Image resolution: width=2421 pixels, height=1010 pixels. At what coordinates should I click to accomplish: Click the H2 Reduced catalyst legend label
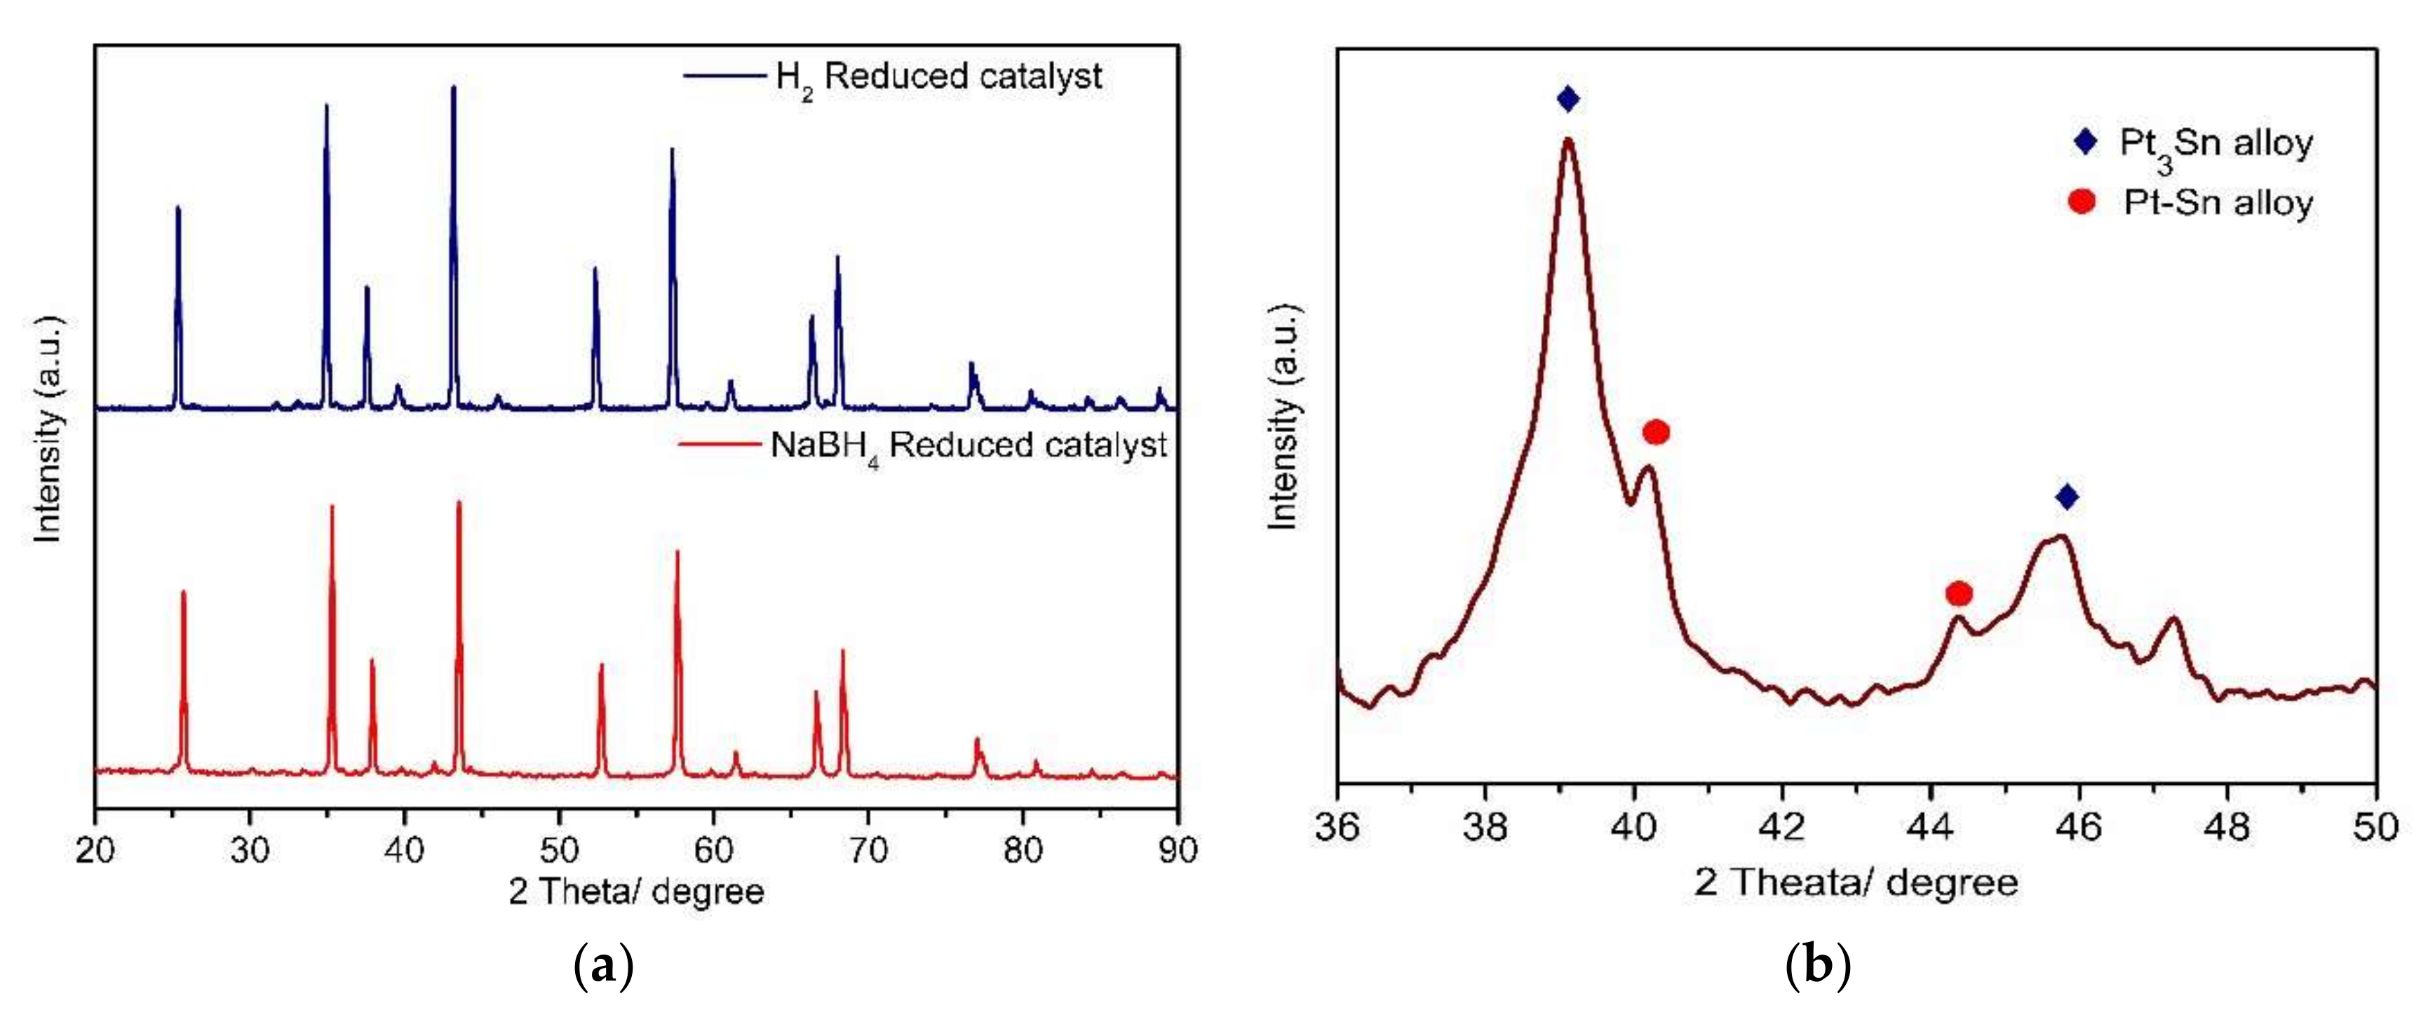(x=938, y=77)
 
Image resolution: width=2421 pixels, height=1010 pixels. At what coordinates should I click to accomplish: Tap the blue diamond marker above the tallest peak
(x=1567, y=99)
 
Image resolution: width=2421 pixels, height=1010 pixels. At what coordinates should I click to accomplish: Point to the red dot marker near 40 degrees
(x=1656, y=432)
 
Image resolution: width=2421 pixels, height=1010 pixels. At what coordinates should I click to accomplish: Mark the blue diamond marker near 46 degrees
(x=2065, y=497)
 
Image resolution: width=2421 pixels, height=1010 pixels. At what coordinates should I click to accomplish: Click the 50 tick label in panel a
(x=559, y=850)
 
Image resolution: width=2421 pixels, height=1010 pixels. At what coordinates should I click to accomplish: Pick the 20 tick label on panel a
(x=95, y=850)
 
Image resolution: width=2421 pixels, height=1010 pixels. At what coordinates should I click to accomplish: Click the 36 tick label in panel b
(x=1337, y=827)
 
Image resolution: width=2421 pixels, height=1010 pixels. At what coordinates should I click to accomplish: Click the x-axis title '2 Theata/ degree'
(x=1856, y=883)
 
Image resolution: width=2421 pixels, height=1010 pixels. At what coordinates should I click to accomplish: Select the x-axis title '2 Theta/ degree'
(x=636, y=891)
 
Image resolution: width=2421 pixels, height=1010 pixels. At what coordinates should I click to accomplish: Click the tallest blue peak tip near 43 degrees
(x=454, y=88)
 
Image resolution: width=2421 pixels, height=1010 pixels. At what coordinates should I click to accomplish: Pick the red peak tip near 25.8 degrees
(x=183, y=592)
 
